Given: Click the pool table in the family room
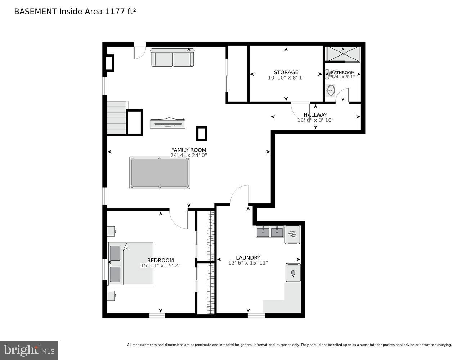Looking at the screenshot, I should coord(160,172).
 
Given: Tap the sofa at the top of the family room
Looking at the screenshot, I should coord(172,58).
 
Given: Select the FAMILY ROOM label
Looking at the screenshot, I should coord(189,150).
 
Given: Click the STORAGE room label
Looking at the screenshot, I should coord(286,72).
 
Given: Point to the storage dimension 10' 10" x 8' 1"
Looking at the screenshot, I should coord(286,78).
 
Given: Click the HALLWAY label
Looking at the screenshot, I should coord(315,115).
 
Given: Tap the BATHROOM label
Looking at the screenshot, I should coord(343,73).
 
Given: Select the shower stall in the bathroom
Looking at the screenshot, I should coord(343,54).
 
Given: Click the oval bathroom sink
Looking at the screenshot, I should coord(331,90).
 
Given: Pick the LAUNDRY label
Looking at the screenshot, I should coord(248,258).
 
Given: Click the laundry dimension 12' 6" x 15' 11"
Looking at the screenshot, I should coord(248,263).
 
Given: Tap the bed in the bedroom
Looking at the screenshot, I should coord(131,264).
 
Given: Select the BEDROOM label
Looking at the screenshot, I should coord(160,260).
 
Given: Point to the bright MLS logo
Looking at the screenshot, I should coord(29,350).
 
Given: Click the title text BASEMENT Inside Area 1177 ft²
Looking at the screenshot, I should coord(75,12).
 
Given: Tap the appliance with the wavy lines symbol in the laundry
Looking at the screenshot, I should coord(292,235).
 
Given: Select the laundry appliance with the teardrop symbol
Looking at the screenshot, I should coord(293,273).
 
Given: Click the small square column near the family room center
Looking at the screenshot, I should coord(202,134).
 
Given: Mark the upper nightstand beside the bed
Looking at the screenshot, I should coord(111,231).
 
